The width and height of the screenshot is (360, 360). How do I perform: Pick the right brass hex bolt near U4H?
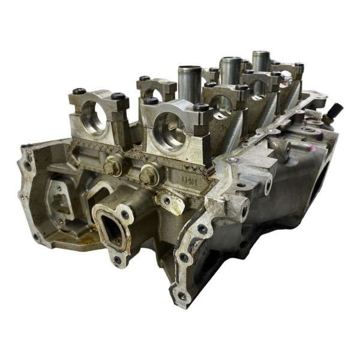[148, 175]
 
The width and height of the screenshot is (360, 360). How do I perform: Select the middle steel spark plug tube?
[230, 70]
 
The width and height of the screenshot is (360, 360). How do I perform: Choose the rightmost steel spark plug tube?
[260, 61]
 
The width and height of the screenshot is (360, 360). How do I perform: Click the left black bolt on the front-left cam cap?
[80, 92]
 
